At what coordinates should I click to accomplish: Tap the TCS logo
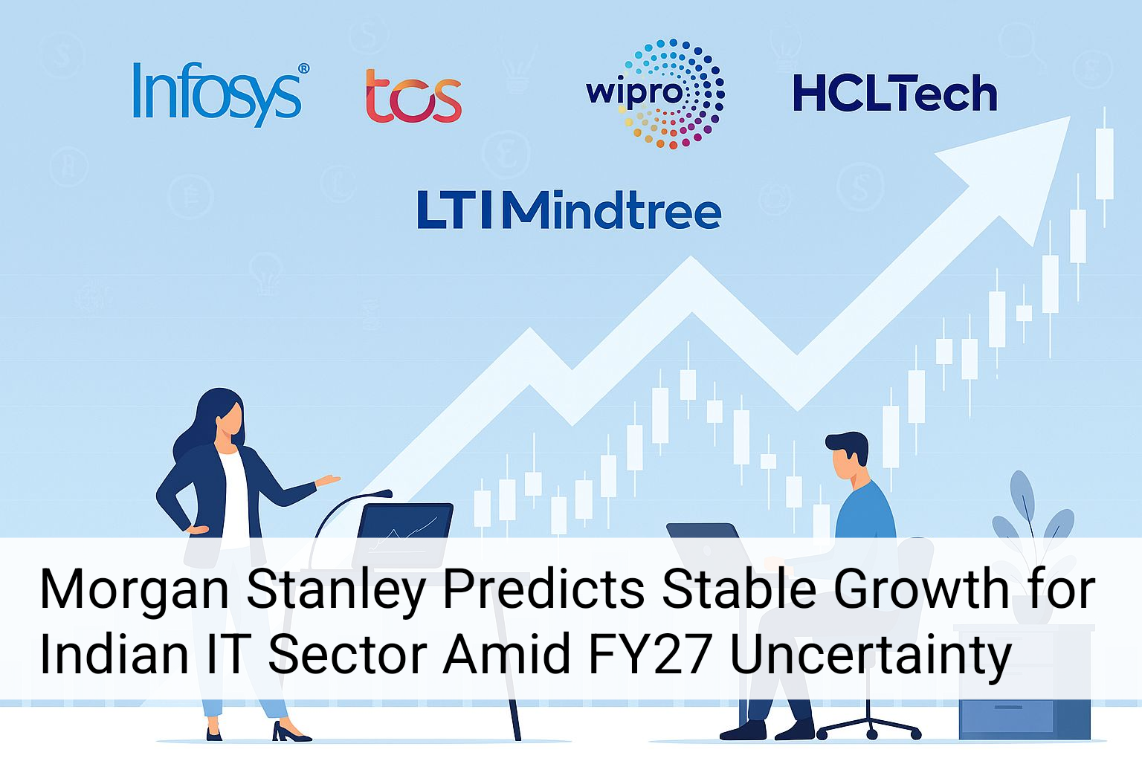point(413,96)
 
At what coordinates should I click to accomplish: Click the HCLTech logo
point(894,94)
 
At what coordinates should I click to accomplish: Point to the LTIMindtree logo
point(569,210)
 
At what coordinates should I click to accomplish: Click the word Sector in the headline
point(346,654)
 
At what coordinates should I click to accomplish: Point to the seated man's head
point(848,455)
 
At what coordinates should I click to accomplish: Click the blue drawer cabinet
point(1024,717)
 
